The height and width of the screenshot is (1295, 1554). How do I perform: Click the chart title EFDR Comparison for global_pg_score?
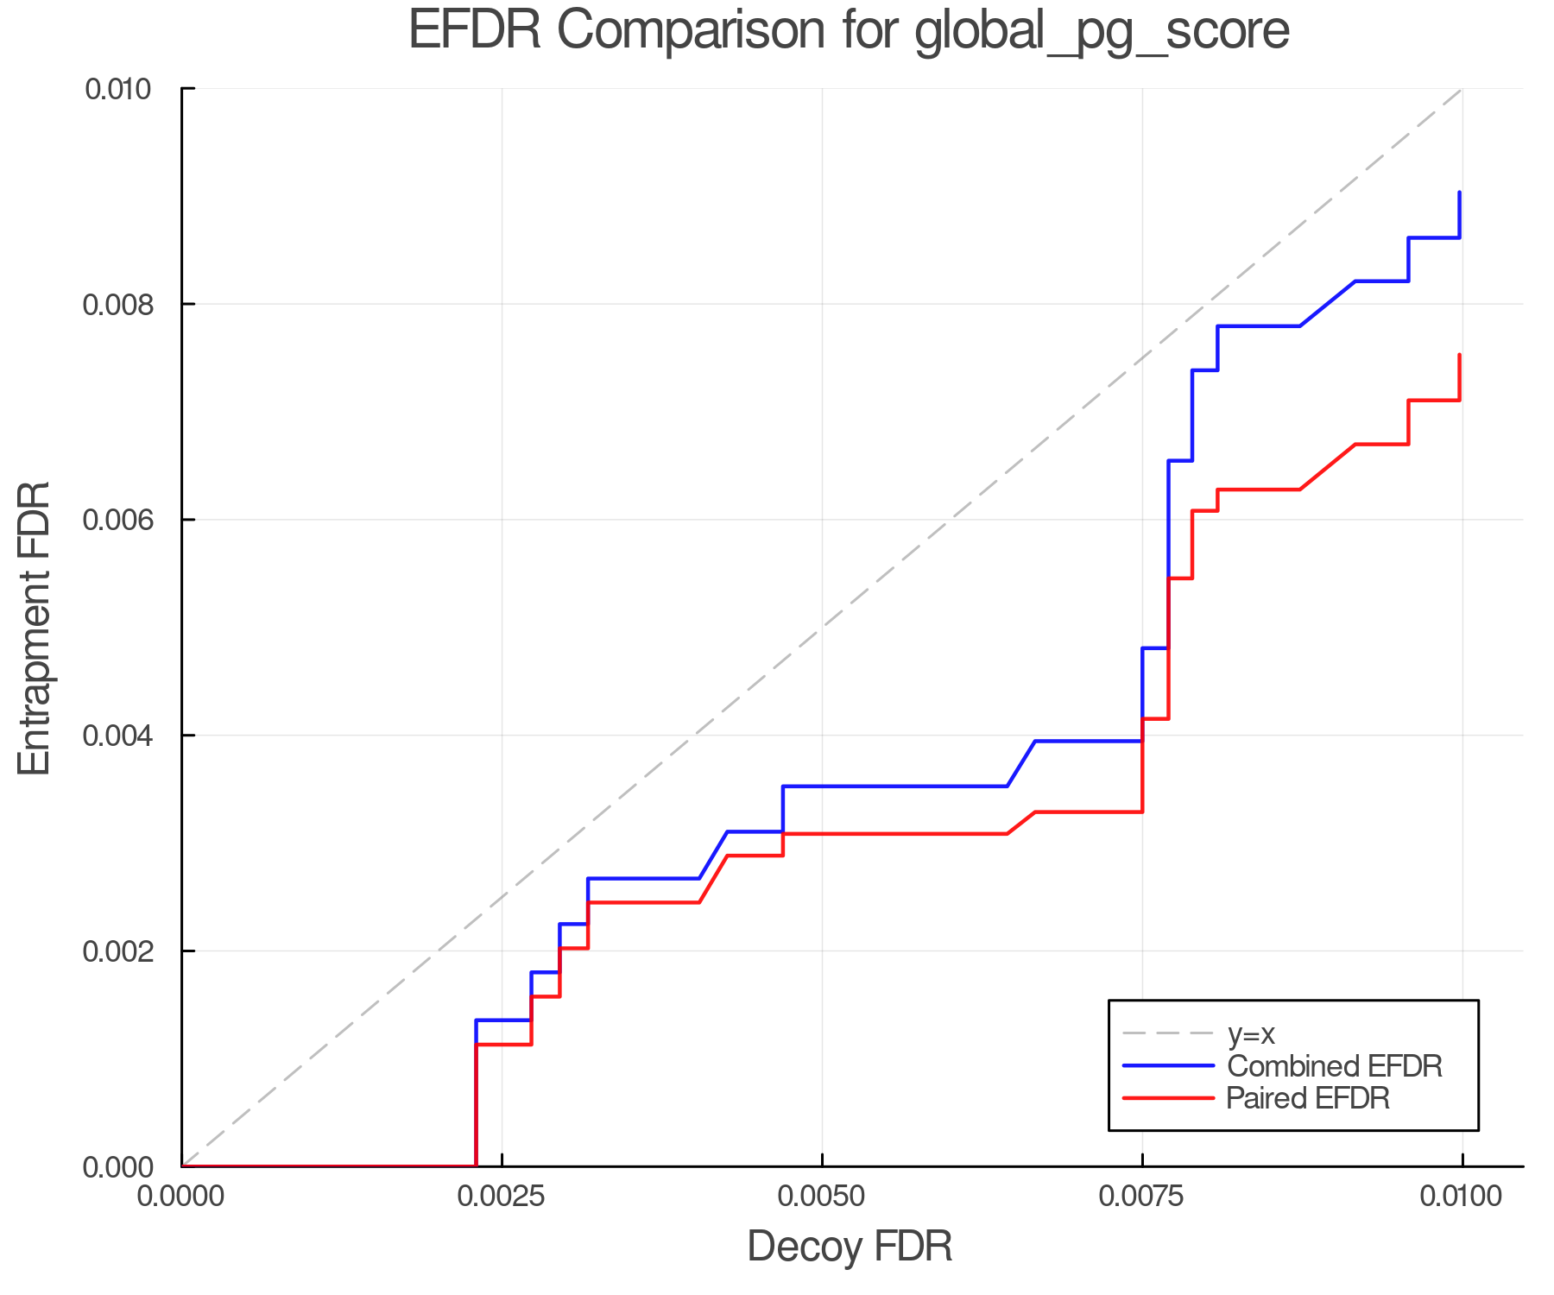849,31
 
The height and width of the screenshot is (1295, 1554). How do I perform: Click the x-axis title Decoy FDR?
850,1247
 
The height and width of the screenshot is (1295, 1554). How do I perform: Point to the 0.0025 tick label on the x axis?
502,1196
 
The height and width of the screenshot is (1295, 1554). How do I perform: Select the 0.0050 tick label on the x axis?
822,1196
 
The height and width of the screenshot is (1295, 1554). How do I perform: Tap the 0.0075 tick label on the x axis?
1142,1196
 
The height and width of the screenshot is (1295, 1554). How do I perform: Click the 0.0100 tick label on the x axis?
1462,1196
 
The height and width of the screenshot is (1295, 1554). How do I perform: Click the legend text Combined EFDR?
1334,1066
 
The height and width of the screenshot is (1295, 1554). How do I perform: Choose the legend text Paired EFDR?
1308,1098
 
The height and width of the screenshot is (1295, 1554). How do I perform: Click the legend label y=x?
1251,1033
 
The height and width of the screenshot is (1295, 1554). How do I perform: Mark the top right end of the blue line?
1459,193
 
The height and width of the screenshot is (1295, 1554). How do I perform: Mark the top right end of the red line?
1459,355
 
